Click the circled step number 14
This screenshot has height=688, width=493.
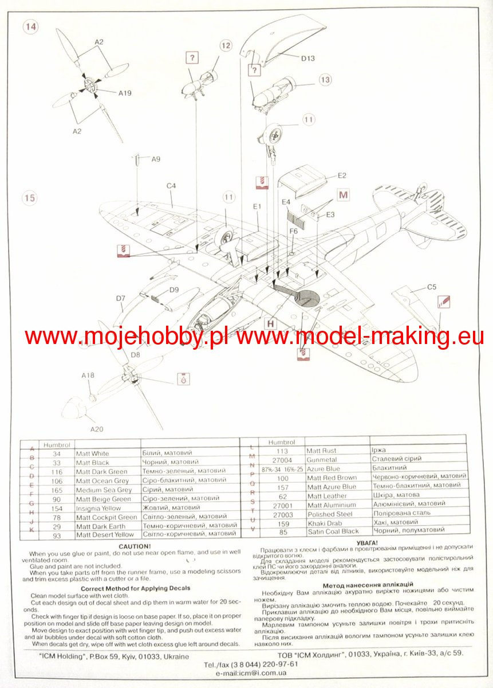(30, 27)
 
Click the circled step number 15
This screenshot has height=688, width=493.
(30, 198)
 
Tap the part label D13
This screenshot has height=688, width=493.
(308, 58)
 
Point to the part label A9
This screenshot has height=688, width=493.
(156, 159)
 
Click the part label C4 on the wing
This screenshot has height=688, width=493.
(171, 186)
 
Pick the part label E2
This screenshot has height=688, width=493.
(342, 175)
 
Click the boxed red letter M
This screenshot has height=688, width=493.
(344, 195)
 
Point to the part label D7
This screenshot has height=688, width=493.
(120, 298)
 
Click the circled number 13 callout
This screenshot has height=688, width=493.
(325, 80)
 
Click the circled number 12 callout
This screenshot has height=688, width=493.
(225, 45)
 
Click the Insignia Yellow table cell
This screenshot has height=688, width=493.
(98, 508)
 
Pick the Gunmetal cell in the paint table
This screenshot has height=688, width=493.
(322, 459)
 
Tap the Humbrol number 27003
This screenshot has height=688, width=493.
(284, 514)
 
